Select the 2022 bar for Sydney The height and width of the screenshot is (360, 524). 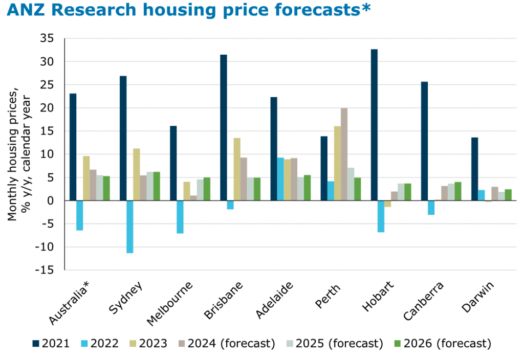(x=130, y=227)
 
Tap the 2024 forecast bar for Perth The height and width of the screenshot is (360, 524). (x=344, y=154)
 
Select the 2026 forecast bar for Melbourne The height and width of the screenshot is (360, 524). (x=207, y=189)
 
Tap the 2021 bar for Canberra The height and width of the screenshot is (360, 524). (x=424, y=141)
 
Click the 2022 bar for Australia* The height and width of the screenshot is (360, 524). (x=80, y=215)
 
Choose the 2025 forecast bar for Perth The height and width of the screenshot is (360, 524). (x=351, y=184)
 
